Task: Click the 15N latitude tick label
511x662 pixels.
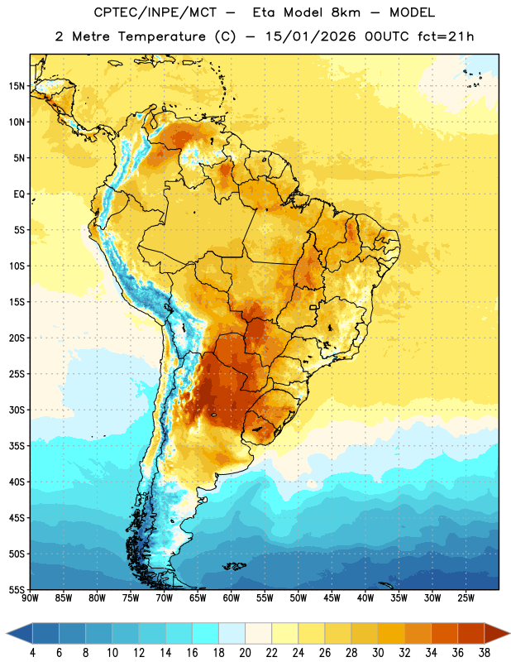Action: tap(17, 86)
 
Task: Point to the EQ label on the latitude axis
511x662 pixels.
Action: tap(19, 194)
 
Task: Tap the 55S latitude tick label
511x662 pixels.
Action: tap(17, 589)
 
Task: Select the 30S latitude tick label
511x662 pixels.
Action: tap(17, 410)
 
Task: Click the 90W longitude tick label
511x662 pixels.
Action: tap(30, 598)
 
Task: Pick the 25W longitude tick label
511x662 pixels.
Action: tap(466, 598)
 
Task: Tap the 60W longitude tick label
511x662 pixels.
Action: tap(232, 598)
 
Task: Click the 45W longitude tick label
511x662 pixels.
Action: tap(332, 598)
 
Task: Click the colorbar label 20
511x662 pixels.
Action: tap(245, 653)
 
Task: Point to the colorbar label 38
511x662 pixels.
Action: tap(484, 653)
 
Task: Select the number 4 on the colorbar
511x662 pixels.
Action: tap(32, 653)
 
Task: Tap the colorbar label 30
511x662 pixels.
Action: tap(378, 653)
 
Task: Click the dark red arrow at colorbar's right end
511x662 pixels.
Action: tap(496, 633)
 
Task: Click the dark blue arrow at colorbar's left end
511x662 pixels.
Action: tap(20, 633)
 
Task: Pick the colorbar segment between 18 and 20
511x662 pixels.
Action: tap(232, 633)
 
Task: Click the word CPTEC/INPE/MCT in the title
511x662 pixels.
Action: tap(155, 12)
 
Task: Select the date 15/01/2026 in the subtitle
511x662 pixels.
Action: tap(311, 36)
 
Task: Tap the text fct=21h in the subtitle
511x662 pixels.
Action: tap(446, 36)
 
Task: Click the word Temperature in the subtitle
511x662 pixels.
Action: tap(161, 36)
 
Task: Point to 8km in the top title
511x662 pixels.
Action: tap(346, 12)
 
